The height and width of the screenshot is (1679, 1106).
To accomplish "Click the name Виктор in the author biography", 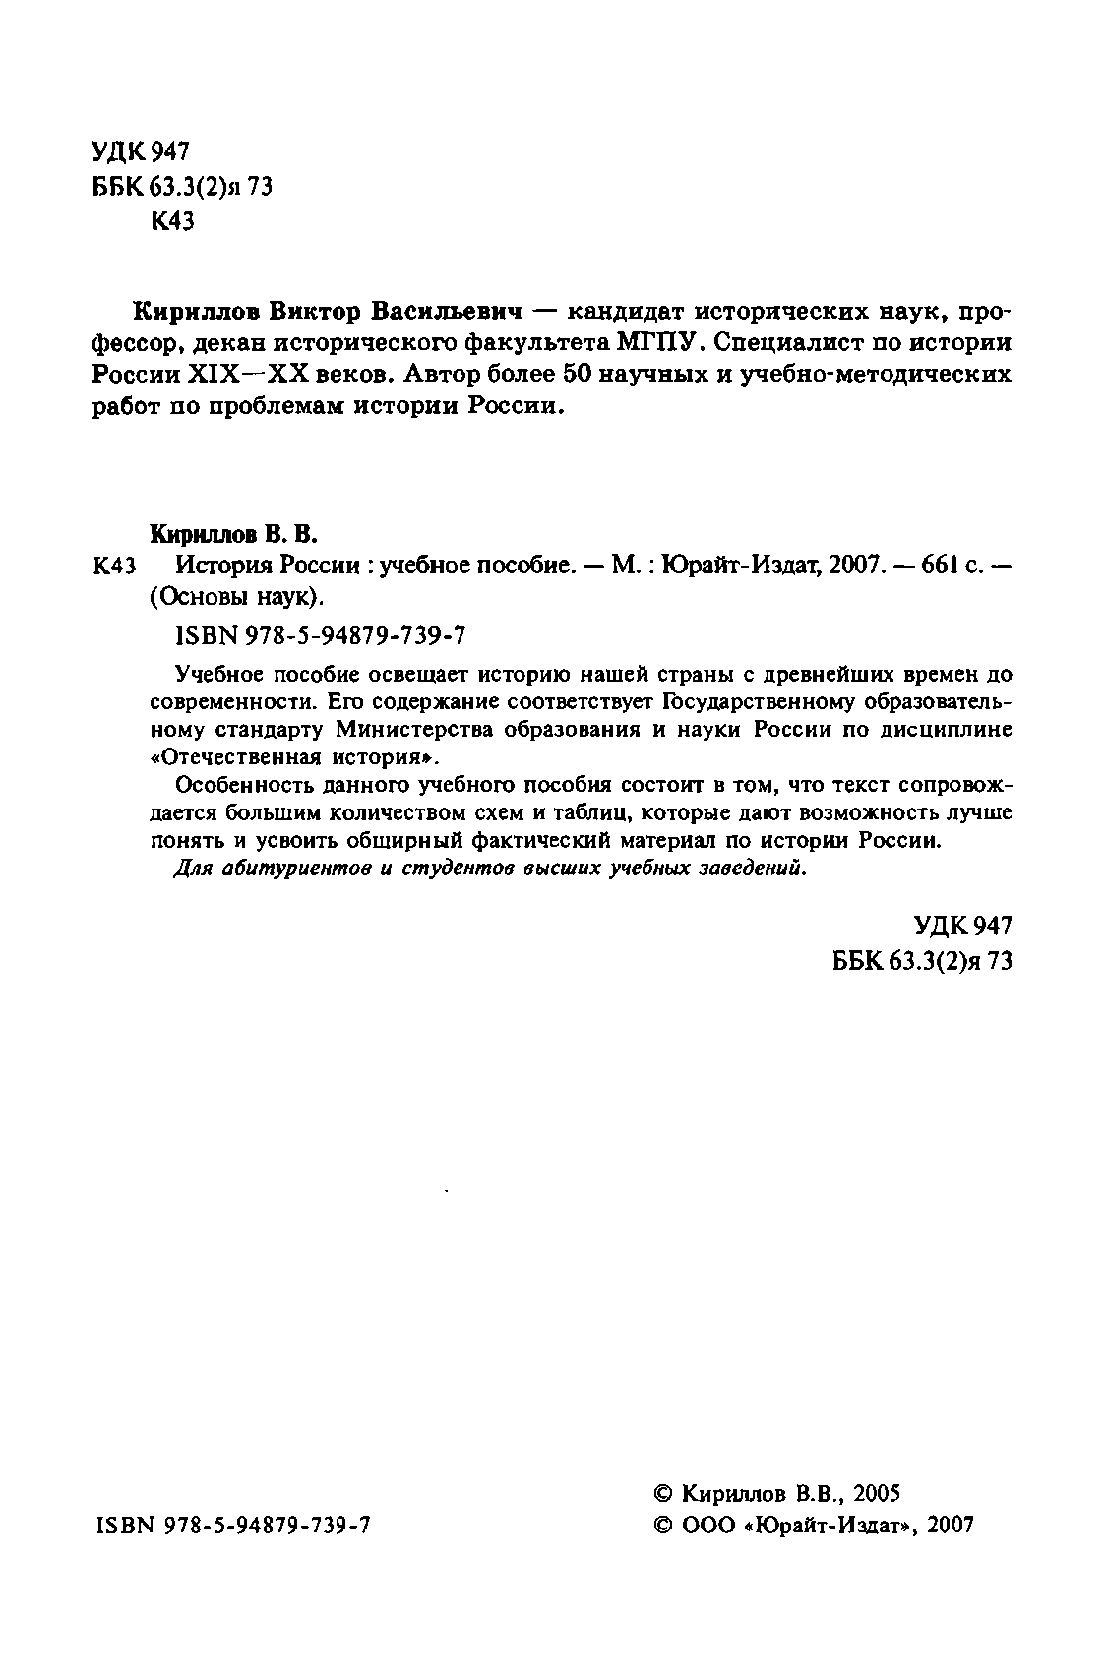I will pyautogui.click(x=315, y=312).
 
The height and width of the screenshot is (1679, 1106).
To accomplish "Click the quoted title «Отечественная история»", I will pyautogui.click(x=293, y=758).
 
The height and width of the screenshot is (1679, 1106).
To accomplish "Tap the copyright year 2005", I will pyautogui.click(x=878, y=1493).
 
